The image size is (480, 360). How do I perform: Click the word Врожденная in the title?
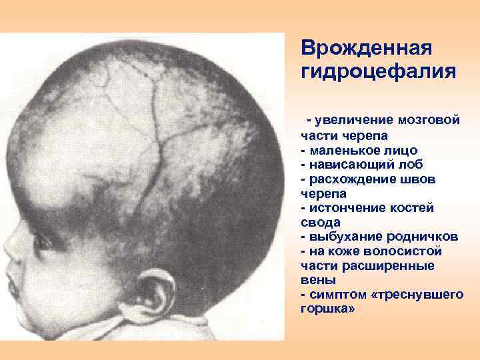click(x=367, y=49)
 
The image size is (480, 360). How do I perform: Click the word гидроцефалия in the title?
click(x=378, y=71)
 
